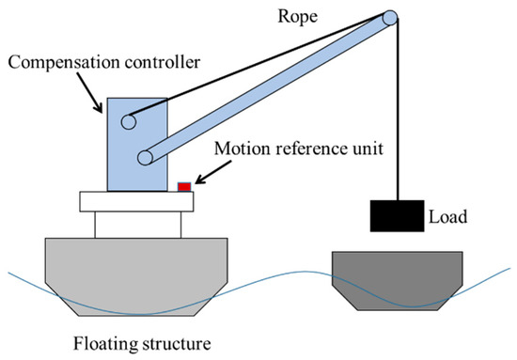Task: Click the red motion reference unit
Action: click(185, 187)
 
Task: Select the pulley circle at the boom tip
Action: click(389, 19)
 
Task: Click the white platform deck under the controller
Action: click(140, 200)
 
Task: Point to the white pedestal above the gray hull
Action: click(140, 224)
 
